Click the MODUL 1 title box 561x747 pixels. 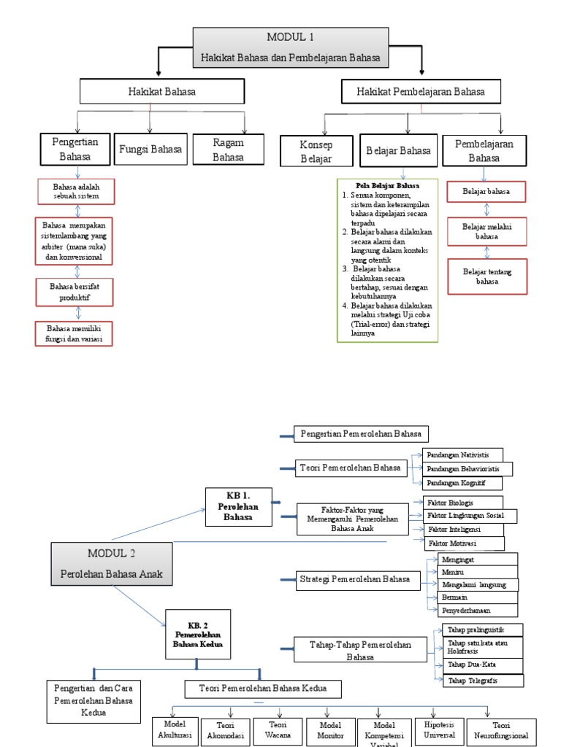tap(291, 47)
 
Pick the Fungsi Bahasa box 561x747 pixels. tap(151, 150)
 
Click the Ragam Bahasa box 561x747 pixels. tap(228, 150)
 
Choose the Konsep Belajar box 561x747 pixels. tap(316, 151)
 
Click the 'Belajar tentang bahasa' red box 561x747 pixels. tap(487, 276)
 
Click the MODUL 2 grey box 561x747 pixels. tap(112, 564)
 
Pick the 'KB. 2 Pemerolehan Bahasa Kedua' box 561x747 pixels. tap(197, 630)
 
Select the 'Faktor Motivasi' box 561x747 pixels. tap(465, 543)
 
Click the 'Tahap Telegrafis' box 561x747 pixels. tap(483, 681)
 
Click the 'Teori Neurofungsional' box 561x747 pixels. tap(500, 731)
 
